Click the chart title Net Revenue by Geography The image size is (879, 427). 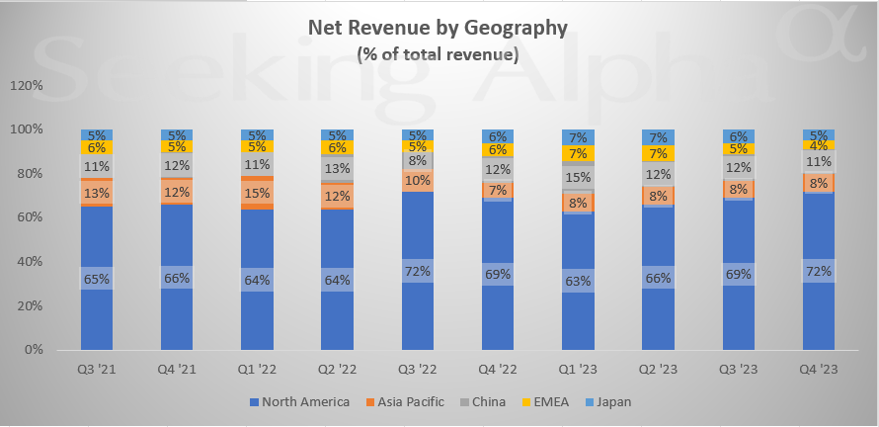(438, 29)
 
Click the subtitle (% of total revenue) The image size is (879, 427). (438, 54)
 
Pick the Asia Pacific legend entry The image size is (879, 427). (406, 401)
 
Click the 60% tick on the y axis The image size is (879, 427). (28, 217)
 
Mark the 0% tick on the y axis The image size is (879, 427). (32, 350)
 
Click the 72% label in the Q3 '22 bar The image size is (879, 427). (419, 269)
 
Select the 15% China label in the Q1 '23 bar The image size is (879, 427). (579, 178)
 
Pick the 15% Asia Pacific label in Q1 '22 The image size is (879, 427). (258, 193)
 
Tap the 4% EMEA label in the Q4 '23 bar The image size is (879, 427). (820, 145)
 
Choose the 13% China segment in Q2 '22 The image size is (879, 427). (338, 169)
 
